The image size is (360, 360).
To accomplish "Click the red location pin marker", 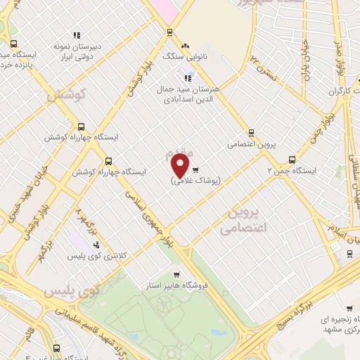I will (x=181, y=165).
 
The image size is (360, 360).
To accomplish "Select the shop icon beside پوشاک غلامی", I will (x=195, y=169).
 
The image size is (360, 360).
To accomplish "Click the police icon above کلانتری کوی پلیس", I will (x=96, y=245).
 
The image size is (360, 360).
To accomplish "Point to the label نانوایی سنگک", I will (x=177, y=55).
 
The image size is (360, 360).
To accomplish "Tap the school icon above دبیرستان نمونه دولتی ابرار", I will (x=77, y=34).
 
